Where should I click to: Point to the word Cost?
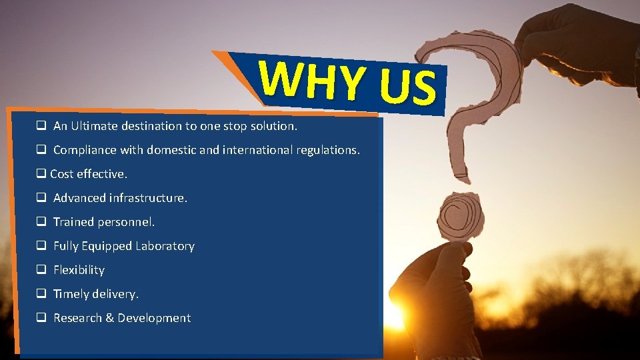(62, 174)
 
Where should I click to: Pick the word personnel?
(126, 222)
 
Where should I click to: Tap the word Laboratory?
(165, 246)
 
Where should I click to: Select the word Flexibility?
(79, 270)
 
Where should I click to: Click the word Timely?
(71, 294)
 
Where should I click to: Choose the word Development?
(154, 318)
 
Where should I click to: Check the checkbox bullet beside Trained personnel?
(41, 221)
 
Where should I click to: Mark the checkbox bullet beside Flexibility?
(41, 269)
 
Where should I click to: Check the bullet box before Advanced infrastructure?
(41, 197)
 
